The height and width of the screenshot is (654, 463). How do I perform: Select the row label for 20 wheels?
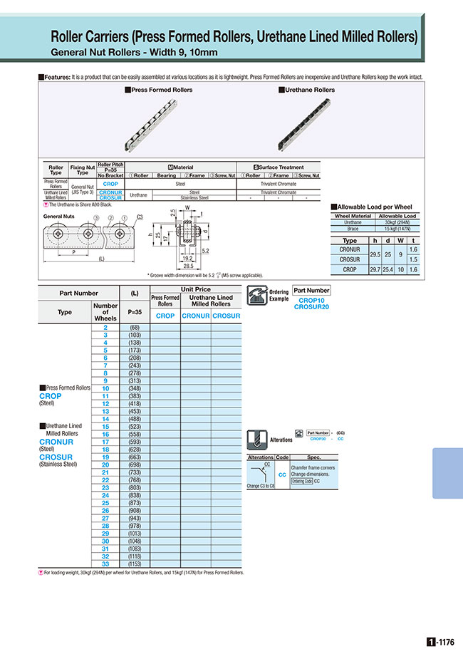pyautogui.click(x=105, y=464)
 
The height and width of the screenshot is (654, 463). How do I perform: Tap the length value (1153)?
pyautogui.click(x=133, y=564)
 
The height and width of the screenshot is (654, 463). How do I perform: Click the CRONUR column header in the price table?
pyautogui.click(x=196, y=315)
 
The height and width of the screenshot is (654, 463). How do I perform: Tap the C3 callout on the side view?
pyautogui.click(x=140, y=216)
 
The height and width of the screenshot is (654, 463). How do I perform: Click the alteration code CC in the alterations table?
pyautogui.click(x=281, y=474)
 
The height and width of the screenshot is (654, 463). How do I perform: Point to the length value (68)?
pyautogui.click(x=133, y=327)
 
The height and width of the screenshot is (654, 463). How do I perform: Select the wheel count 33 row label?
pyautogui.click(x=105, y=564)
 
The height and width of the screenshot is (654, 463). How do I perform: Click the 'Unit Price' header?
pyautogui.click(x=196, y=289)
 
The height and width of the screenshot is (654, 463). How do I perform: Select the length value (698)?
pyautogui.click(x=133, y=464)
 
